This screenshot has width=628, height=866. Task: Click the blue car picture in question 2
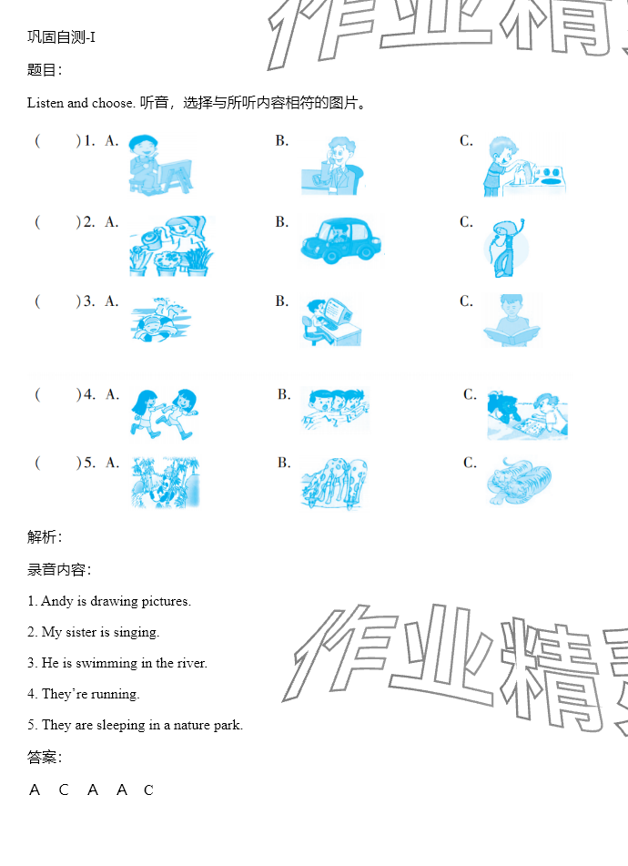(341, 240)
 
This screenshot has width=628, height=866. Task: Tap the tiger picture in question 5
(519, 481)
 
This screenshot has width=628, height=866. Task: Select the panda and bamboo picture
(165, 482)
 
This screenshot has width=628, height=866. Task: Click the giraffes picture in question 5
(334, 484)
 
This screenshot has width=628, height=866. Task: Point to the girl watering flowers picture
(171, 246)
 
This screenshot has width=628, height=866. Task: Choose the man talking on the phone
(333, 165)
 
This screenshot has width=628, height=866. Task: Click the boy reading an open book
(512, 321)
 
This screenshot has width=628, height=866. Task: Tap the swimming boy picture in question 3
(160, 320)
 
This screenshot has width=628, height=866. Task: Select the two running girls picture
(164, 413)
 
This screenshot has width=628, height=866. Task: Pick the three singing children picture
(335, 409)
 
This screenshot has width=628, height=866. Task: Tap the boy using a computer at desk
(331, 321)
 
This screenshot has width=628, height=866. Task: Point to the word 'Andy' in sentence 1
(56, 601)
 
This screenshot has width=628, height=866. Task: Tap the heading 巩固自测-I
(61, 37)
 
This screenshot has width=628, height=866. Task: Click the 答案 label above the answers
(41, 757)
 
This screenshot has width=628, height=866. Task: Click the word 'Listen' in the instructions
(46, 103)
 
